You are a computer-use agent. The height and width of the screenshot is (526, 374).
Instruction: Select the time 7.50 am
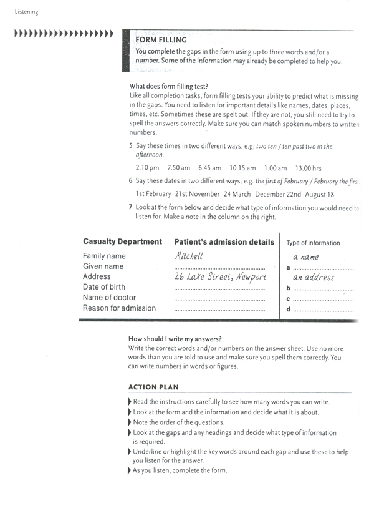(x=179, y=168)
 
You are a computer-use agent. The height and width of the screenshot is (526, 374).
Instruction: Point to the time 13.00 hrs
(x=308, y=168)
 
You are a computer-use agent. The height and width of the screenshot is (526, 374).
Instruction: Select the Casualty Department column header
(x=122, y=241)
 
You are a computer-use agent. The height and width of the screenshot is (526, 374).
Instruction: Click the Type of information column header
(x=313, y=243)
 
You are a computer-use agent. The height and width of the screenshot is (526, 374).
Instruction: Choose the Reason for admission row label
(x=119, y=308)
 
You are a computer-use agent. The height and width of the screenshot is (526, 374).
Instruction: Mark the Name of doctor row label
(x=109, y=298)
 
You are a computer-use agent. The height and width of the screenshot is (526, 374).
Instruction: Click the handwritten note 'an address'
(x=314, y=277)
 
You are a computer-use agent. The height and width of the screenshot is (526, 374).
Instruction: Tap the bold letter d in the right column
(x=288, y=309)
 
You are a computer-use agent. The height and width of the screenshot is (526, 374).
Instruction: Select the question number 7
(x=130, y=207)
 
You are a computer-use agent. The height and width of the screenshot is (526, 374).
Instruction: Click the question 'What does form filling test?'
(x=168, y=86)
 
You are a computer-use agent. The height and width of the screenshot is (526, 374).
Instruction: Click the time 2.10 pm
(x=147, y=168)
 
